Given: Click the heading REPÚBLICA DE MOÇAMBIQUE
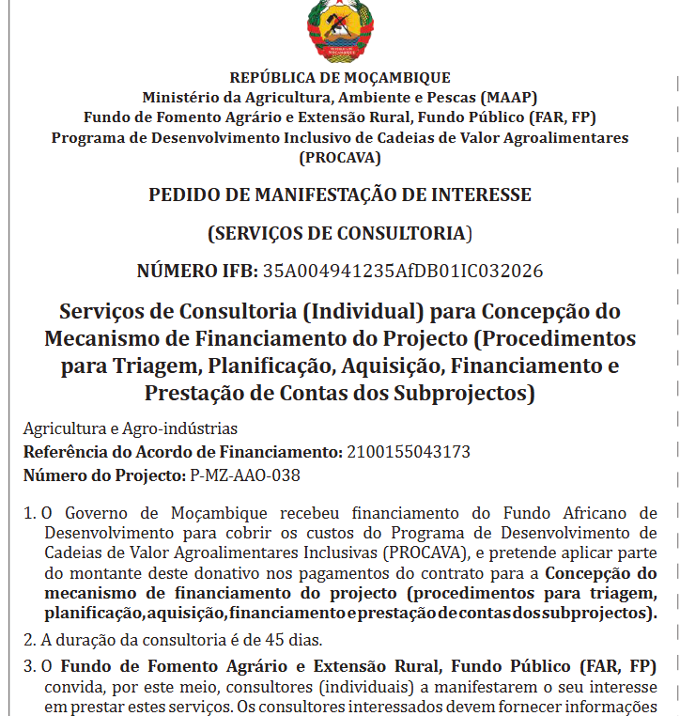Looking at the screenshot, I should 340,78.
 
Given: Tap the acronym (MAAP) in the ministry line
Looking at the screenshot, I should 508,97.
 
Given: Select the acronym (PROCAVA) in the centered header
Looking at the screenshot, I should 340,157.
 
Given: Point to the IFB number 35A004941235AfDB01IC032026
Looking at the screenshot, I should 402,272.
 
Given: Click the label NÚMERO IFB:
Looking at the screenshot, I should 196,272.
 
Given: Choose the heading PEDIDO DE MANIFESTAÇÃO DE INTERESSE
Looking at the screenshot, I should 340,195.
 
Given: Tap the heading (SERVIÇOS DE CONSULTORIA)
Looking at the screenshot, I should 340,233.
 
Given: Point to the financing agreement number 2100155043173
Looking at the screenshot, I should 409,452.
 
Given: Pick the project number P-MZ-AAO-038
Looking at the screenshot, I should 245,475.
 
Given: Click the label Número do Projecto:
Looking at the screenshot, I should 104,475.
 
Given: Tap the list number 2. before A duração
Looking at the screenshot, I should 29,641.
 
